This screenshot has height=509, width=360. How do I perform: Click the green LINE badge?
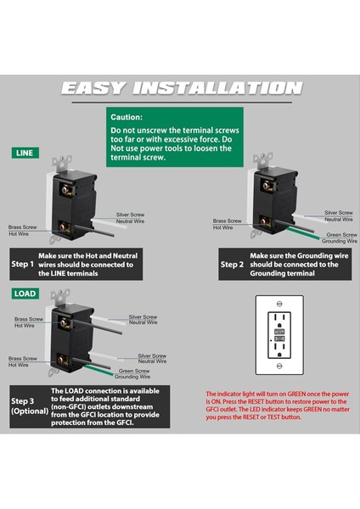coord(24,153)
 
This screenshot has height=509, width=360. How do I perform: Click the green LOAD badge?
coord(25,294)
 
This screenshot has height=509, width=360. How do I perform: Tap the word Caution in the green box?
coord(127,117)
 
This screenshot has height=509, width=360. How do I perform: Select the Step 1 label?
coord(23,264)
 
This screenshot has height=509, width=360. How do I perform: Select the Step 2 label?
coord(233,264)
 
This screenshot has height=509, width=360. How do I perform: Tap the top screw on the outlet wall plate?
coord(279,303)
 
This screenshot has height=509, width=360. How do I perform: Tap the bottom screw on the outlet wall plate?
coord(279,366)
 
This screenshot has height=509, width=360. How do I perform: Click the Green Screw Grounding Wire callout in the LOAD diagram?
coord(133,373)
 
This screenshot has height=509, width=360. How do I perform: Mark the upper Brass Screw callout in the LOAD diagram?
coord(29,321)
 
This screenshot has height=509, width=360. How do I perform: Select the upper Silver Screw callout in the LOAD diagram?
coord(143,319)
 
